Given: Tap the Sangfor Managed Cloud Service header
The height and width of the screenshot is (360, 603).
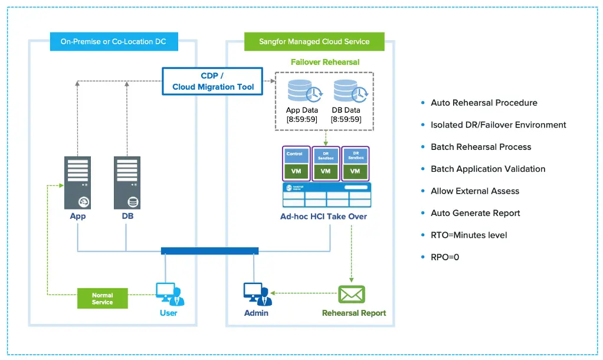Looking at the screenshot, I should (x=314, y=42).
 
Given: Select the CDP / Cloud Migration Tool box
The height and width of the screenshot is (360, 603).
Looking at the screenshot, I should (x=213, y=81).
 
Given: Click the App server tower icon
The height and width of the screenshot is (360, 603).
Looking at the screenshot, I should (x=78, y=183).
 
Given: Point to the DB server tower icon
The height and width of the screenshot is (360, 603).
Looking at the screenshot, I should (x=127, y=183).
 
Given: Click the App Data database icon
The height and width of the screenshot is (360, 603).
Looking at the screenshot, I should (x=301, y=91).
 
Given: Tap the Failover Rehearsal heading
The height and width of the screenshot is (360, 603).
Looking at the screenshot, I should (x=325, y=62).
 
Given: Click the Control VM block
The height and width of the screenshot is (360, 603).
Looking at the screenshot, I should (x=296, y=163).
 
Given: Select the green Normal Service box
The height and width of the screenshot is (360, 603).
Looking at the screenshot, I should (x=103, y=299).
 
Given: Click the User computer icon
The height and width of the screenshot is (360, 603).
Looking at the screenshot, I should (x=169, y=294).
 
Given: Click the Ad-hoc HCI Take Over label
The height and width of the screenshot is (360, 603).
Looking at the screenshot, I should (x=323, y=217).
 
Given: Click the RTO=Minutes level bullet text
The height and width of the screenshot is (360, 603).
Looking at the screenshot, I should (x=468, y=235).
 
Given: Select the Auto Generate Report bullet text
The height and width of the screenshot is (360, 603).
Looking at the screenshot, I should (x=475, y=213).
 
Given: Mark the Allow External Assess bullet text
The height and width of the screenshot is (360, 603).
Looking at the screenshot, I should (x=475, y=191).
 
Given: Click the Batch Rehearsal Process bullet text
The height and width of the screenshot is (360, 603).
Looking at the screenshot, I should (x=481, y=147).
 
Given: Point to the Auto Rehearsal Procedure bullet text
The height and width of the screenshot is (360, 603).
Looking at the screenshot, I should (x=484, y=103).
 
